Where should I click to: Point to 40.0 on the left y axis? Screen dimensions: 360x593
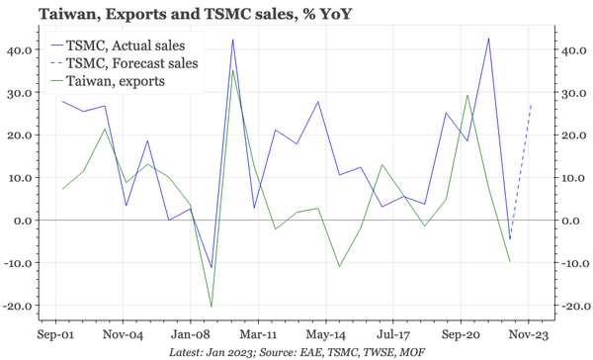[x=19, y=49]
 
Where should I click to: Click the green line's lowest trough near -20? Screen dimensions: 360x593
[x=211, y=306]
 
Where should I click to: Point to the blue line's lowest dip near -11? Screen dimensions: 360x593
[x=211, y=267]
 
